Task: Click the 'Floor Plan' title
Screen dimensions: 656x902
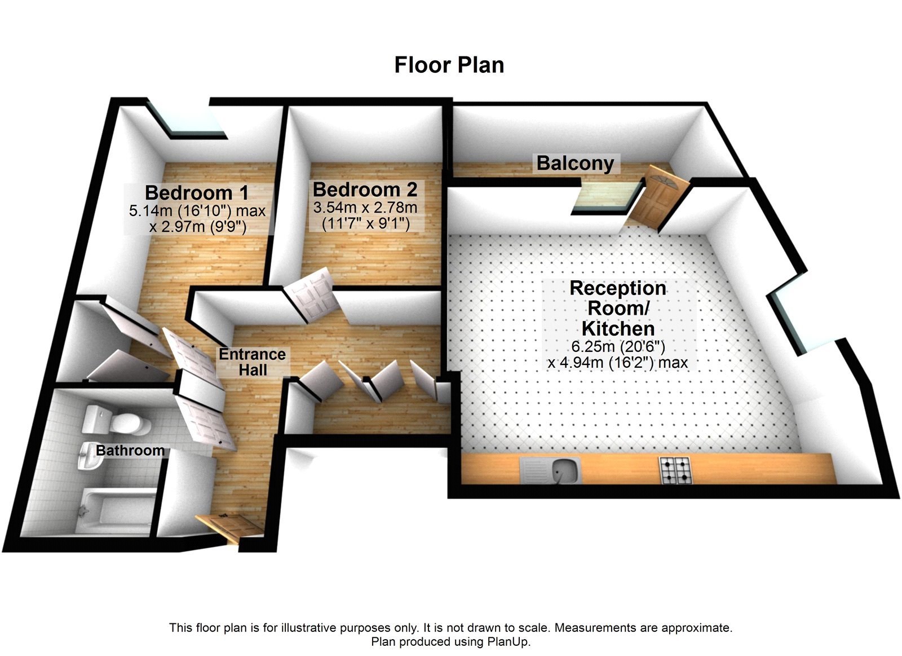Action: point(449,65)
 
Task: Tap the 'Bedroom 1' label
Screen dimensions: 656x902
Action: point(196,192)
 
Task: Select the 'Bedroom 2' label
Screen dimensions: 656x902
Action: point(365,189)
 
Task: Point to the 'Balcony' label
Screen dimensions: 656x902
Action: point(575,163)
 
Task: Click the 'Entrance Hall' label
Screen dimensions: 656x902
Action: point(252,362)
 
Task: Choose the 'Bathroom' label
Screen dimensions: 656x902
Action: point(130,450)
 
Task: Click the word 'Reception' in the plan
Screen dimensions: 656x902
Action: point(618,288)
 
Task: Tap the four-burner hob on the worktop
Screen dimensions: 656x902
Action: point(675,470)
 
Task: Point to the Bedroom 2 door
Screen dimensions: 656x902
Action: point(312,296)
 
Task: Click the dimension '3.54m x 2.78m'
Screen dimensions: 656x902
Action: point(365,208)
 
